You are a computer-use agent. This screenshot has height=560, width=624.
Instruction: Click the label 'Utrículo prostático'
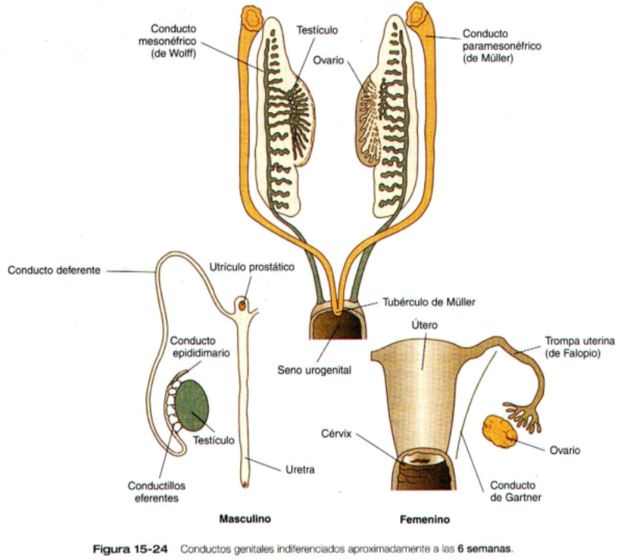(x=252, y=268)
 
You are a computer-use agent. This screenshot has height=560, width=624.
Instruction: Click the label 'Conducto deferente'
(x=53, y=271)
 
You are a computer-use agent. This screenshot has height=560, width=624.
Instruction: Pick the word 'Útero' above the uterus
(x=420, y=324)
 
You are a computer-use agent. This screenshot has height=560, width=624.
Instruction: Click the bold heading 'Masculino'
(x=245, y=518)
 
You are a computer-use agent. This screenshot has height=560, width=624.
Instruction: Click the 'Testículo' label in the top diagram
(x=317, y=30)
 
